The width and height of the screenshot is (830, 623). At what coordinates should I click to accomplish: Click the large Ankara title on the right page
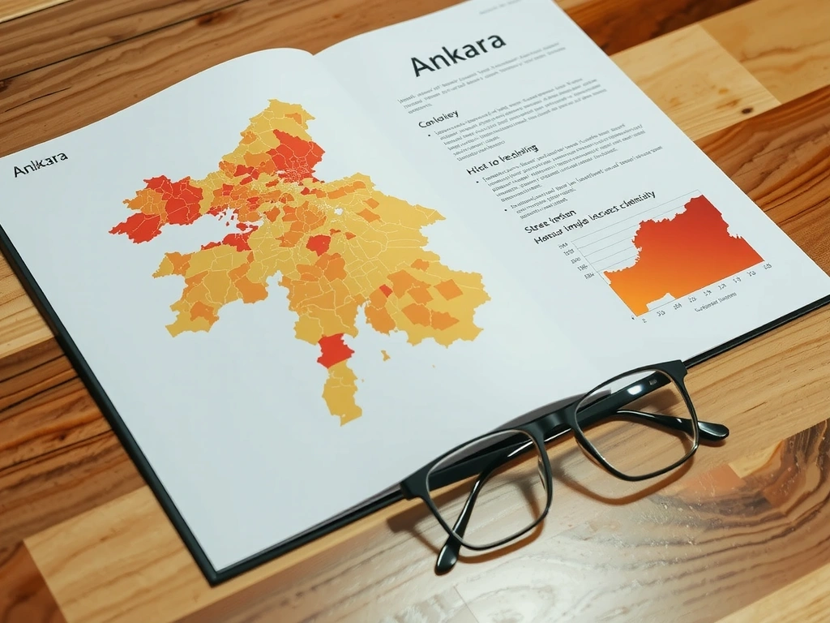point(458,62)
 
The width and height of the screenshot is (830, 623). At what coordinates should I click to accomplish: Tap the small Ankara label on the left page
point(40,168)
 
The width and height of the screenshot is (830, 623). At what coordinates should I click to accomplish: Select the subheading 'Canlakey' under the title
point(438,121)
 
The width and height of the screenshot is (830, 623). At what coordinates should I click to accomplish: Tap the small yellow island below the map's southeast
point(386,355)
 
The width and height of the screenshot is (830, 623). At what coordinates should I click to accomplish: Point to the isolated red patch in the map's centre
point(319,244)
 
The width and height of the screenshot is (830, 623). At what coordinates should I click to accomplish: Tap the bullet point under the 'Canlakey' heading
point(428,132)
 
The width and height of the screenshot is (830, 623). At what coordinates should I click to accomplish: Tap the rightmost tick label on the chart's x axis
point(766,266)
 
